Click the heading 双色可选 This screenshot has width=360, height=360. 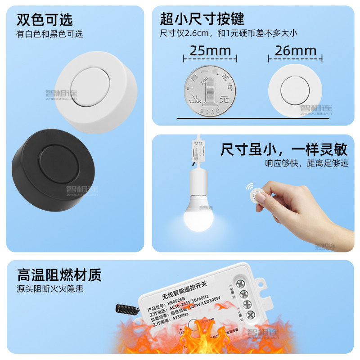(45, 20)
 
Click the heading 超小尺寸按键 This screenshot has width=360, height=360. (202, 19)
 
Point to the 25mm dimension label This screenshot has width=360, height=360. (210, 50)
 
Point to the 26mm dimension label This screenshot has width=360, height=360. (296, 50)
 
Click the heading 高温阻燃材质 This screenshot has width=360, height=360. (59, 274)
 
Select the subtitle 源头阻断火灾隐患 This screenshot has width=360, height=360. (50, 289)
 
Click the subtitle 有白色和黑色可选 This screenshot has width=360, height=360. (50, 34)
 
